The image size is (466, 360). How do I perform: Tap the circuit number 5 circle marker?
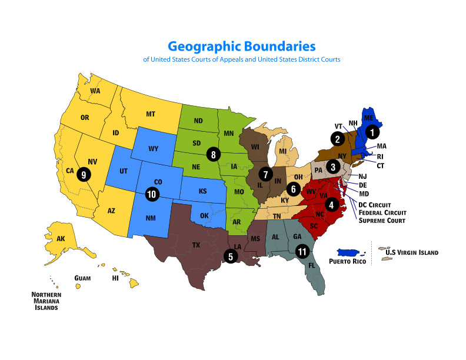pos(230,256)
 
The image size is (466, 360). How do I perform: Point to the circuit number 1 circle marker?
pos(371,132)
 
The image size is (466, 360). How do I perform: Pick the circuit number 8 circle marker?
pos(212,155)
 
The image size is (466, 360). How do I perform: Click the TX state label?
pos(196,245)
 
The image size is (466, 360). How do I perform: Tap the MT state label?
pos(150,114)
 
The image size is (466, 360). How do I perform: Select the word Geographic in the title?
pos(205,46)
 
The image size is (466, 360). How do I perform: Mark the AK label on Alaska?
pos(61,239)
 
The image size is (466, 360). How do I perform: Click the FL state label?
pos(312,266)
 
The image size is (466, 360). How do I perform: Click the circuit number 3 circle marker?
pos(333,166)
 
